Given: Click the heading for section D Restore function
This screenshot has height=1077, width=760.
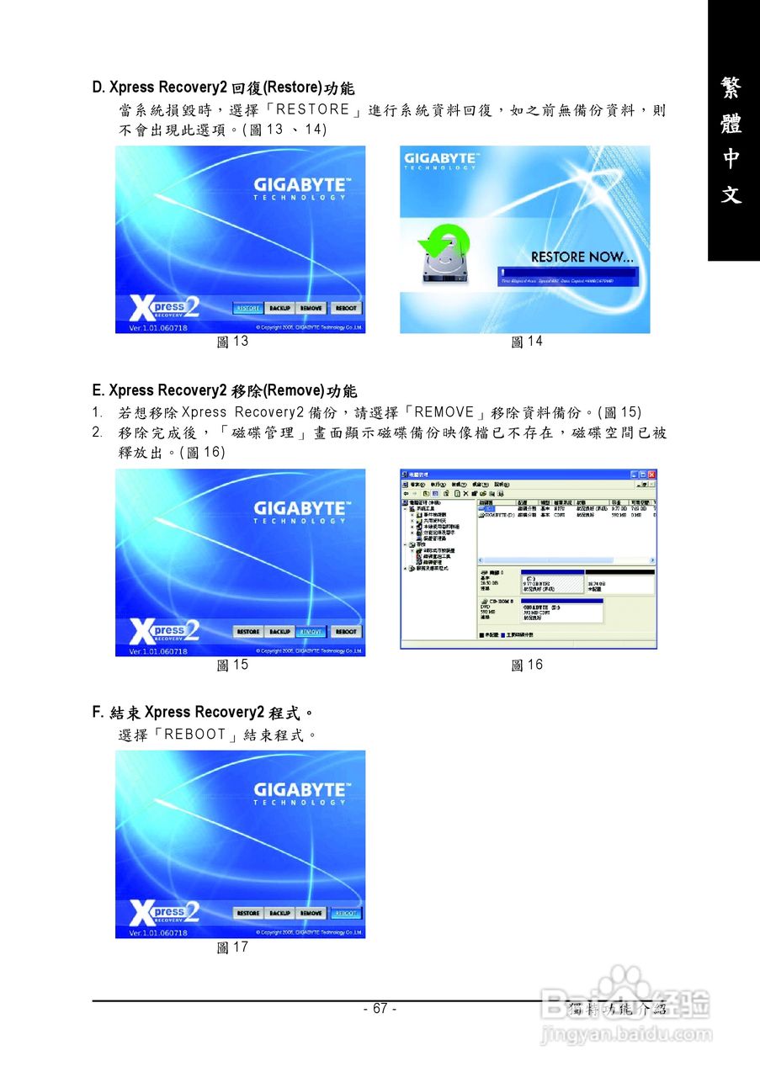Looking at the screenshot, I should [x=223, y=88].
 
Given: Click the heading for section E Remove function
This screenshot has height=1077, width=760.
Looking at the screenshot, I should [x=225, y=390].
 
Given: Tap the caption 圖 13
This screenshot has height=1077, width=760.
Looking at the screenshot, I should [x=232, y=342].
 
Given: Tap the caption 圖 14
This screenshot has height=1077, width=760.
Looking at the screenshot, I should [x=527, y=342].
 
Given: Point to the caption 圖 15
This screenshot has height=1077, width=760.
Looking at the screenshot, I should [x=232, y=665].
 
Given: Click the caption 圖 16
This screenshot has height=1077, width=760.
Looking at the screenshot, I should [x=527, y=665].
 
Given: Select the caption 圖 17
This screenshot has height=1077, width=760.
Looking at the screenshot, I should [x=232, y=947].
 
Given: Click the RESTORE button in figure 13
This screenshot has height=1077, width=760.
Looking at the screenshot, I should [x=247, y=309].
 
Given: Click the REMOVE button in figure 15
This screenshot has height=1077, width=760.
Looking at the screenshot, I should [x=311, y=632].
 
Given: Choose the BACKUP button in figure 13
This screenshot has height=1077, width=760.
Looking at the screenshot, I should [x=279, y=309].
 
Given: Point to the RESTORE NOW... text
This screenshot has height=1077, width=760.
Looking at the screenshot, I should [x=582, y=257].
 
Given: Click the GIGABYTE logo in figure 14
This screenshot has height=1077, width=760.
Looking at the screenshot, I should [x=441, y=160].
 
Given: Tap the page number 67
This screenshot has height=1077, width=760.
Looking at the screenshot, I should [x=380, y=1009].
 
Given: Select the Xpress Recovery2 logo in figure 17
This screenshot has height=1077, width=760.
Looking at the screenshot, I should [x=165, y=912].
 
